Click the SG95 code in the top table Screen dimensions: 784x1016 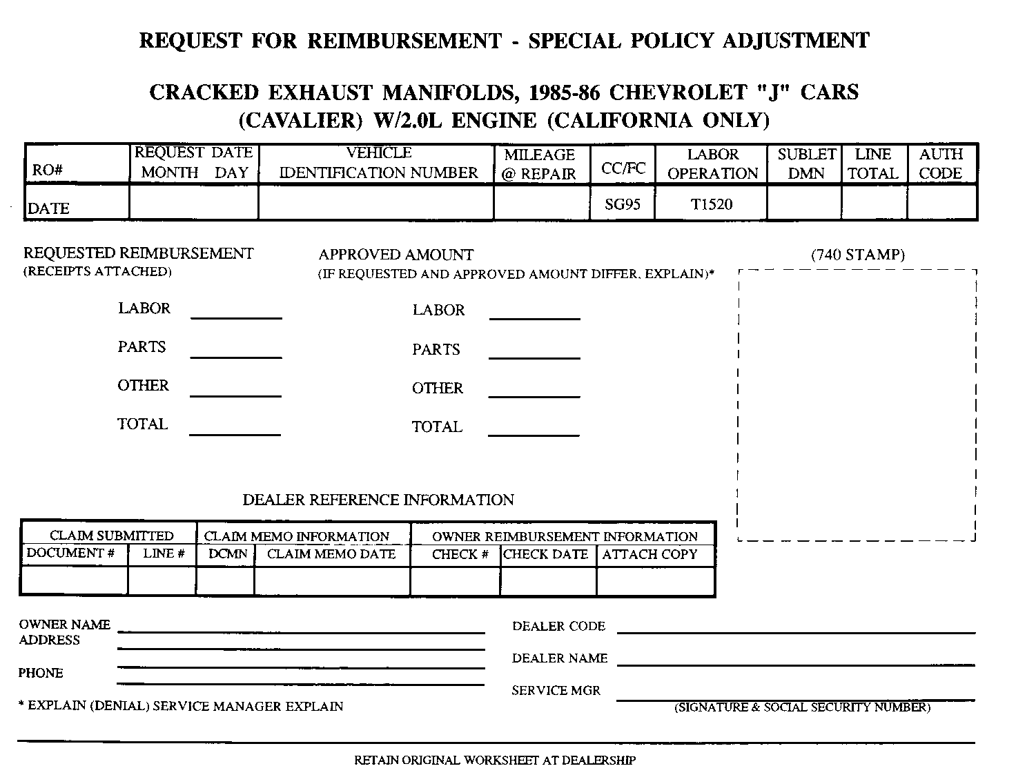622,204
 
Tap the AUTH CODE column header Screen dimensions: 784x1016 941,164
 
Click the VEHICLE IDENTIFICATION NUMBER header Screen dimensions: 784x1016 378,163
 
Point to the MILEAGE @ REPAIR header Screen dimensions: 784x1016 539,164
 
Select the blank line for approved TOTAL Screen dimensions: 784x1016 534,434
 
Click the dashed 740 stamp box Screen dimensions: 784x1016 857,404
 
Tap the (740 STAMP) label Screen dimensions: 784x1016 857,255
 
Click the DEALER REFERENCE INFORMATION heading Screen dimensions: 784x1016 378,500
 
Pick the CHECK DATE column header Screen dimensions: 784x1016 546,554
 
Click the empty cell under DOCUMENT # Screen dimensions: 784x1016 75,580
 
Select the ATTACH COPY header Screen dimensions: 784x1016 649,554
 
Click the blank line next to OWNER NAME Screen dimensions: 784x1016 301,630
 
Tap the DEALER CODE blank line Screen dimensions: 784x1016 796,631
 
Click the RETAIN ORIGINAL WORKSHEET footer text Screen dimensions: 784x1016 495,761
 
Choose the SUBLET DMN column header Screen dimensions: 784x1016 806,164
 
